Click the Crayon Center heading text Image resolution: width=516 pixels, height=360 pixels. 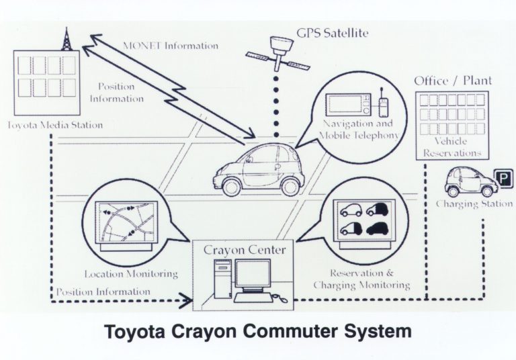pos(244,251)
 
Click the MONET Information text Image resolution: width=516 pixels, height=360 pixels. pos(171,46)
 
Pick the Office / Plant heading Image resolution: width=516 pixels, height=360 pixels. pos(453,81)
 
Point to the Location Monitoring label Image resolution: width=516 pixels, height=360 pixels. pos(131,273)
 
